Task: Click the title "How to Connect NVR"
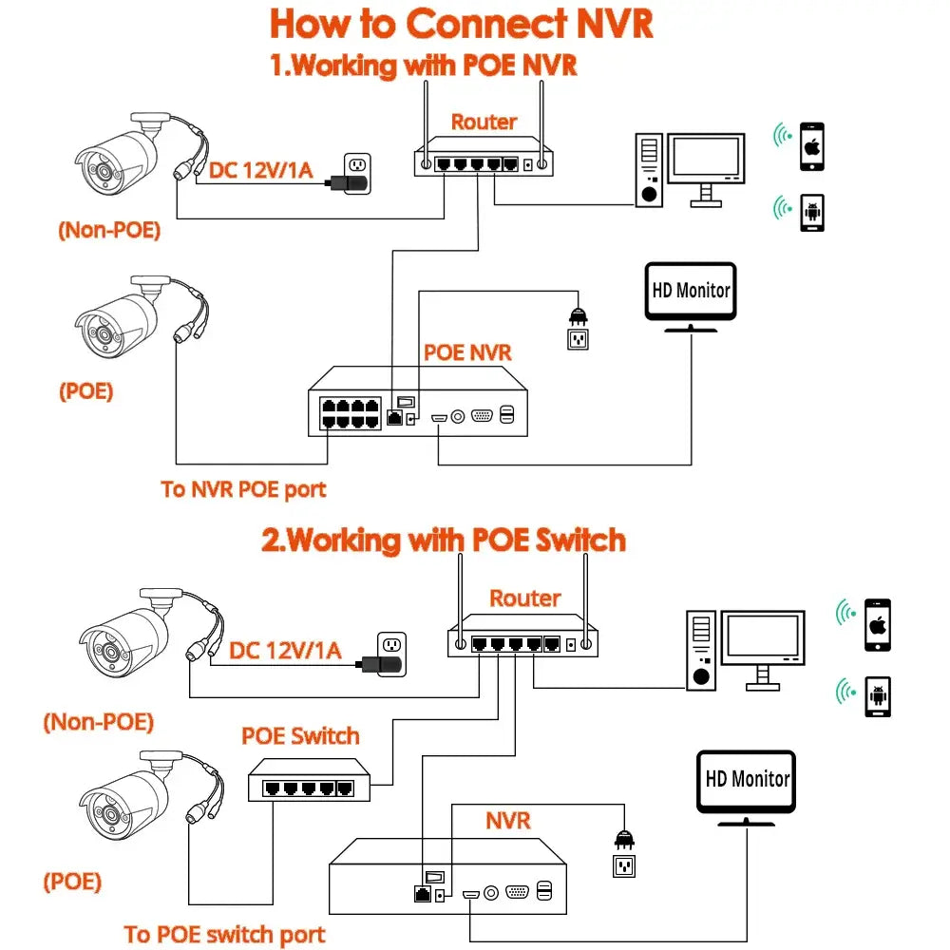tap(462, 25)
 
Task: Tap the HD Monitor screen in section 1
tap(691, 290)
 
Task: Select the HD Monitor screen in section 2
tap(748, 780)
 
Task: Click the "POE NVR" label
tap(467, 352)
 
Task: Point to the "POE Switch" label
tap(300, 736)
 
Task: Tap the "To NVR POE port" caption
tap(243, 490)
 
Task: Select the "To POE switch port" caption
tap(224, 935)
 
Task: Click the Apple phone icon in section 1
tap(811, 146)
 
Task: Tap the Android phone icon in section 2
tap(878, 696)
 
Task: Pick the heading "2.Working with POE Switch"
tap(444, 541)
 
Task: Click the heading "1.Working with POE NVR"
tap(423, 66)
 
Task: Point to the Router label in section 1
tap(484, 122)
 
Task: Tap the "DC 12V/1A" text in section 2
tap(285, 651)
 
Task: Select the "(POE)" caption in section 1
tap(85, 391)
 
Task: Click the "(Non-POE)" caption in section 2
tap(98, 722)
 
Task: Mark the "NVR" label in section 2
tap(507, 820)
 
